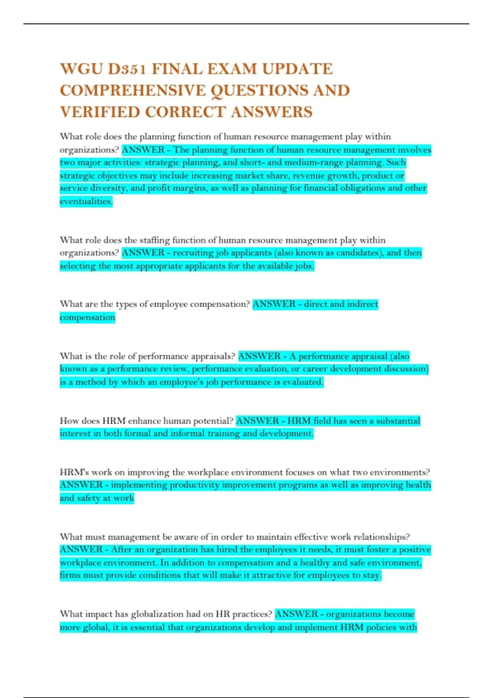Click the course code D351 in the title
point(127,69)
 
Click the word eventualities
point(86,201)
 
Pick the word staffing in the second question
point(154,240)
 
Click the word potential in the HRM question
point(213,421)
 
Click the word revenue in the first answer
point(308,176)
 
